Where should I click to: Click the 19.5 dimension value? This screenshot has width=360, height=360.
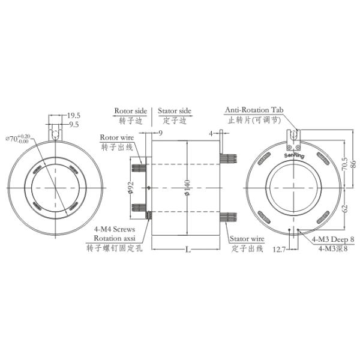tap(74, 115)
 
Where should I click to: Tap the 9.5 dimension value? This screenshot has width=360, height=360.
tap(74, 125)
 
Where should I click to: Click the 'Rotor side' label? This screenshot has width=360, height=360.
tap(130, 112)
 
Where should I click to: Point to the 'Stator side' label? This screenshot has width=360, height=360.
tap(175, 112)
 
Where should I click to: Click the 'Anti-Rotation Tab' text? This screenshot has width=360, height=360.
tap(254, 110)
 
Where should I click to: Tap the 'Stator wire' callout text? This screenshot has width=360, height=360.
tap(247, 238)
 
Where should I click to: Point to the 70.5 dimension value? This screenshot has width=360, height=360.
tap(344, 164)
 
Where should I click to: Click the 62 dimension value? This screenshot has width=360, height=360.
tap(344, 209)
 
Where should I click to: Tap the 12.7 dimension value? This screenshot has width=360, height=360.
tap(280, 248)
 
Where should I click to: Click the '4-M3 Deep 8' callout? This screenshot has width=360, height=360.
tap(333, 239)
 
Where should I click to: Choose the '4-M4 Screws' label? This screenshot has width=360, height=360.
tap(115, 229)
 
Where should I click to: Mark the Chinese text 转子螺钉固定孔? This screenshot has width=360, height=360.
tap(116, 247)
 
